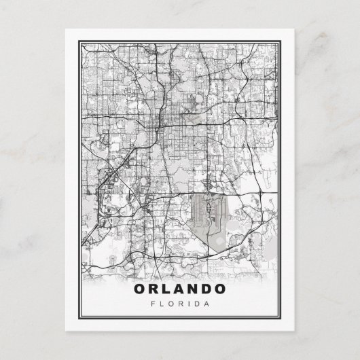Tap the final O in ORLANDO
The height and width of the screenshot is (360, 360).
point(223,288)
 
